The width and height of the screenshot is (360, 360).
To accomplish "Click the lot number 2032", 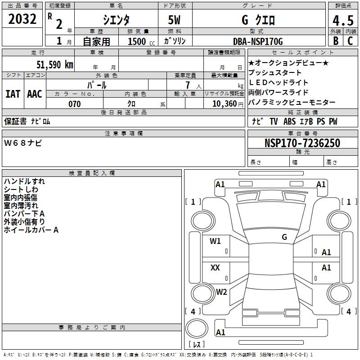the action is [22, 19].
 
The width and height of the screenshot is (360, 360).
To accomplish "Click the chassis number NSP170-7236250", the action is [302, 143].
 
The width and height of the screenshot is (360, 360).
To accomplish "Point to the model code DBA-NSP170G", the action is [258, 41].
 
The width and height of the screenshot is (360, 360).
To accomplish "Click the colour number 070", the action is [74, 104].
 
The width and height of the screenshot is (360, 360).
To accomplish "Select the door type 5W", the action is [175, 20].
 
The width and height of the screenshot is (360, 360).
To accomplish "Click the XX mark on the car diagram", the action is [216, 268].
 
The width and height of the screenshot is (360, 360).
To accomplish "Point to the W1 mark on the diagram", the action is [216, 241].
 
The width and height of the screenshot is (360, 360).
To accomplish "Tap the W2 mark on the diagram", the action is [221, 292].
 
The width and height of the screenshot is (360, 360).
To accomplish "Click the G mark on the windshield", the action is [284, 237].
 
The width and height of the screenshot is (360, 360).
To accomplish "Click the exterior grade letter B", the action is [335, 41].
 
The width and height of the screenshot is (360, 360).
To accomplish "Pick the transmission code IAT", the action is [13, 94].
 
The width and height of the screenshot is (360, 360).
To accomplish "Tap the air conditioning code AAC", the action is [35, 94].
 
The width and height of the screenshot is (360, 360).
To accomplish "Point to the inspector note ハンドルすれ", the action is [24, 181].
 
